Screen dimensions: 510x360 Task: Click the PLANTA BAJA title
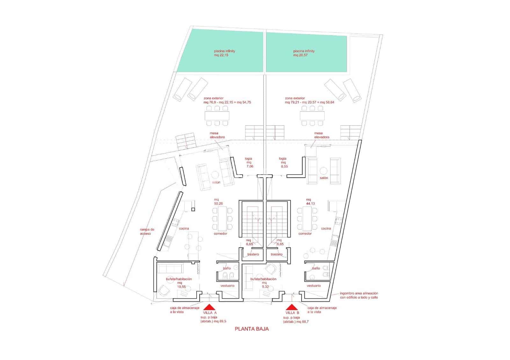pyautogui.click(x=251, y=329)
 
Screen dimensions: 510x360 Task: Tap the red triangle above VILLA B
pyautogui.click(x=292, y=307)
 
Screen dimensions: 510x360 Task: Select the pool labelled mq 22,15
pyautogui.click(x=220, y=51)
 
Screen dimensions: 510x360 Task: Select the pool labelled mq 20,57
pyautogui.click(x=306, y=52)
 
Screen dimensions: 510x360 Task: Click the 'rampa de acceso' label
pyautogui.click(x=147, y=231)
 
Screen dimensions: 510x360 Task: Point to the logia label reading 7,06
pyautogui.click(x=249, y=162)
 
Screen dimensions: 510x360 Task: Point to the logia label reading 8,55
pyautogui.click(x=283, y=162)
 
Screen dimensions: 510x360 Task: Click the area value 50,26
pyautogui.click(x=218, y=204)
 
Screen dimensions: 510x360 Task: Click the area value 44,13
pyautogui.click(x=310, y=204)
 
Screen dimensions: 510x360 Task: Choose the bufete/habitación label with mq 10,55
pyautogui.click(x=179, y=283)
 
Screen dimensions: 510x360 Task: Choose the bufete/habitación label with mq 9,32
pyautogui.click(x=263, y=283)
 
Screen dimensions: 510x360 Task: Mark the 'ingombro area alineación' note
pyautogui.click(x=359, y=295)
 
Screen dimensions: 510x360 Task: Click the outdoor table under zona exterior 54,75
pyautogui.click(x=217, y=116)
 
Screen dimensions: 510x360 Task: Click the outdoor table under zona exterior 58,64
pyautogui.click(x=312, y=116)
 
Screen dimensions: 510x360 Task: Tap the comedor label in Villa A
pyautogui.click(x=220, y=234)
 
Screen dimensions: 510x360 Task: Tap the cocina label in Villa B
pyautogui.click(x=326, y=228)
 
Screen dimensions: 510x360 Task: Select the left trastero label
pyautogui.click(x=253, y=254)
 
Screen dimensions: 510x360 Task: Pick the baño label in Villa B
pyautogui.click(x=316, y=268)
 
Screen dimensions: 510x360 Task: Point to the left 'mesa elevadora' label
pyautogui.click(x=217, y=135)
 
